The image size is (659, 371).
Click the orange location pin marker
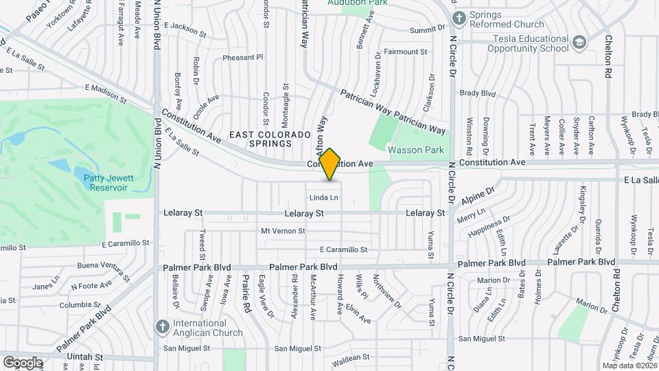[330, 164]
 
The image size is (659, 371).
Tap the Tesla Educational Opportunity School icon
[580, 43]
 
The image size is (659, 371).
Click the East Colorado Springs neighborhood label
[261, 139]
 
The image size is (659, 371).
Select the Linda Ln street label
[325, 198]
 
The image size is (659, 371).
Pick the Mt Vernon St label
[283, 231]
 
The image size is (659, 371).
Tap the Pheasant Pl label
[243, 58]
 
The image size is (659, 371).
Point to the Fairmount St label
[406, 52]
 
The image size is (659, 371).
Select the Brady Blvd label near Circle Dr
[478, 93]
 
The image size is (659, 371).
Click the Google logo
[23, 362]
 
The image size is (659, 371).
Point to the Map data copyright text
[629, 366]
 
